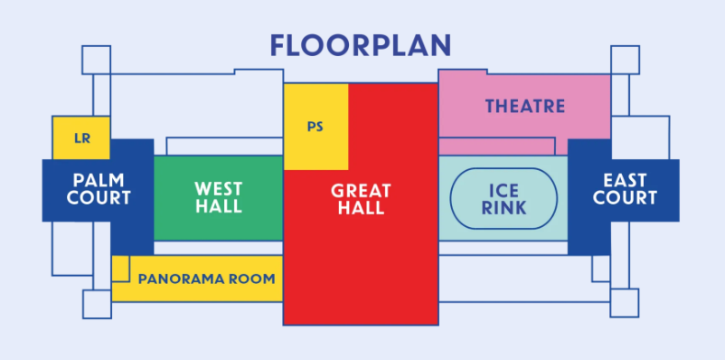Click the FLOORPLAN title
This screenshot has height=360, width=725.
click(x=360, y=45)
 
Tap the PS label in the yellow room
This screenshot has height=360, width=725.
click(x=315, y=127)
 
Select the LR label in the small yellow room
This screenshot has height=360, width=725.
click(x=82, y=138)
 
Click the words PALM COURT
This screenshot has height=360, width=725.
click(x=99, y=189)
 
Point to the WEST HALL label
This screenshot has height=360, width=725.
click(x=218, y=197)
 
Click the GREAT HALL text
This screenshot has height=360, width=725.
click(x=361, y=199)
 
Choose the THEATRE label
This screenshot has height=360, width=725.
click(x=525, y=107)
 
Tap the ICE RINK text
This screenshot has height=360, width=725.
click(x=504, y=199)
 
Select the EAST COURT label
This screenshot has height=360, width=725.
click(x=625, y=189)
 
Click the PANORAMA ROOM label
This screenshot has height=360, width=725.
click(x=207, y=279)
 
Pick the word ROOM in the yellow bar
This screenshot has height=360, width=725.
click(x=253, y=279)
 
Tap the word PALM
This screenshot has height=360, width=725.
click(x=99, y=180)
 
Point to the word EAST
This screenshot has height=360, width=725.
click(x=625, y=180)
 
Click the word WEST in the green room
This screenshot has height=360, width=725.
click(x=218, y=189)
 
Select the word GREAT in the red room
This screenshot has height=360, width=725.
click(x=361, y=191)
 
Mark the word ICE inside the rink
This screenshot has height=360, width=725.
click(x=504, y=191)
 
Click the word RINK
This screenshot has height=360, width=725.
click(x=504, y=208)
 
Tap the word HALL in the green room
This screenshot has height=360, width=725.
click(x=219, y=206)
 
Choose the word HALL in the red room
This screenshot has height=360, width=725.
click(x=361, y=208)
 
